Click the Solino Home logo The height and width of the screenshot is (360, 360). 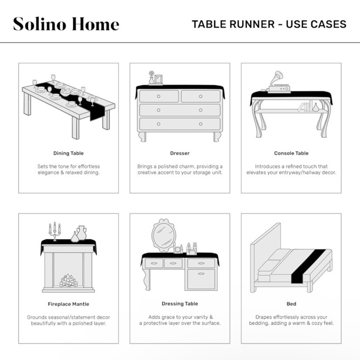[66, 24]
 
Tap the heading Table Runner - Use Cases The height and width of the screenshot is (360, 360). [269, 24]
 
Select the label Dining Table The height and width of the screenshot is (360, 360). [68, 153]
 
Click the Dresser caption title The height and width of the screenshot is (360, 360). [180, 153]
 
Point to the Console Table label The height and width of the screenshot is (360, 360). [291, 153]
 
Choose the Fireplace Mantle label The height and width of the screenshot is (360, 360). [68, 304]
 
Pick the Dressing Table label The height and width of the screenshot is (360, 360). [180, 304]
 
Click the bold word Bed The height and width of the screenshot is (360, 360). [291, 304]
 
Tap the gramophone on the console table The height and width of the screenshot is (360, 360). [279, 82]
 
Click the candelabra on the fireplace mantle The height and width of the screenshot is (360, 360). [55, 231]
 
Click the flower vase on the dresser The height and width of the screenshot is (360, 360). [151, 78]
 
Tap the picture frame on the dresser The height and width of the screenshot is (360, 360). [158, 80]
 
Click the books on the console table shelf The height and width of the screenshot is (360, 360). [306, 106]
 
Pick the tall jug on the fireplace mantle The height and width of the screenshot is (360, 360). [81, 233]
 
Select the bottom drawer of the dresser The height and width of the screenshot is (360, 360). [180, 124]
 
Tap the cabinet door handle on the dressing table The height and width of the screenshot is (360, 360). [201, 274]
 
